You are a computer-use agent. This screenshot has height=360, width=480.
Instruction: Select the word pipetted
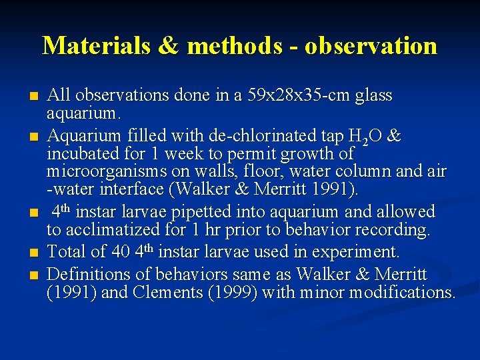191,212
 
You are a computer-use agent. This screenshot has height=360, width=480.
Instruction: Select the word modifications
401,292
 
